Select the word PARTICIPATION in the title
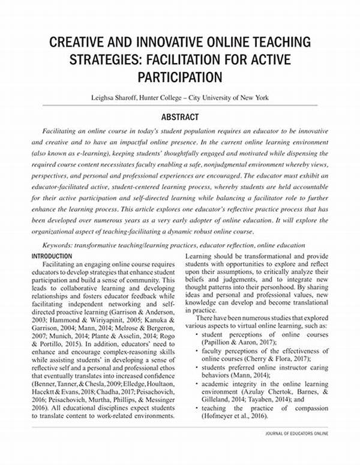pyautogui.click(x=180, y=78)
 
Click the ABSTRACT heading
pyautogui.click(x=179, y=118)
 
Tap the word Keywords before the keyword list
pyautogui.click(x=62, y=246)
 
